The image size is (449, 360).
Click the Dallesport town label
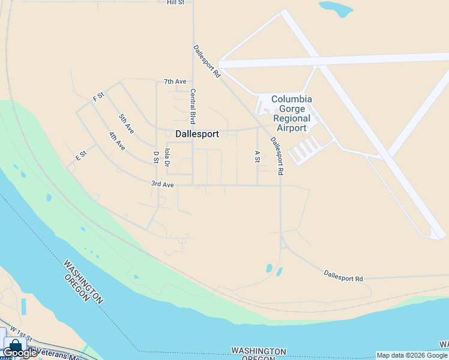(x=197, y=134)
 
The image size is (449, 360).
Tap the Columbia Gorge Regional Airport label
(x=292, y=113)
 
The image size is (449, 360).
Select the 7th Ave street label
(x=175, y=82)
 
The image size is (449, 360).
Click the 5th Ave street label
(x=126, y=123)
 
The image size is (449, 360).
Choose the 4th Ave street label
(x=117, y=141)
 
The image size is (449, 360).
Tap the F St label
(x=98, y=96)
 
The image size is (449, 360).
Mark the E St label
(x=81, y=155)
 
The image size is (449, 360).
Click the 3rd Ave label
(x=162, y=185)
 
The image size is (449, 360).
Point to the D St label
(x=156, y=157)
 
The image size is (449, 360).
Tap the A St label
(x=257, y=157)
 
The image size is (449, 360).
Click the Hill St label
(x=175, y=2)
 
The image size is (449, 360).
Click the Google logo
(x=20, y=353)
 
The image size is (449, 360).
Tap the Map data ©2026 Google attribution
(x=412, y=355)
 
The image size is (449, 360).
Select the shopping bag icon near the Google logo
(x=14, y=347)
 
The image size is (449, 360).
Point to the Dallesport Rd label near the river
(x=343, y=275)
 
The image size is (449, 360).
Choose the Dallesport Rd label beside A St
(x=276, y=156)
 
